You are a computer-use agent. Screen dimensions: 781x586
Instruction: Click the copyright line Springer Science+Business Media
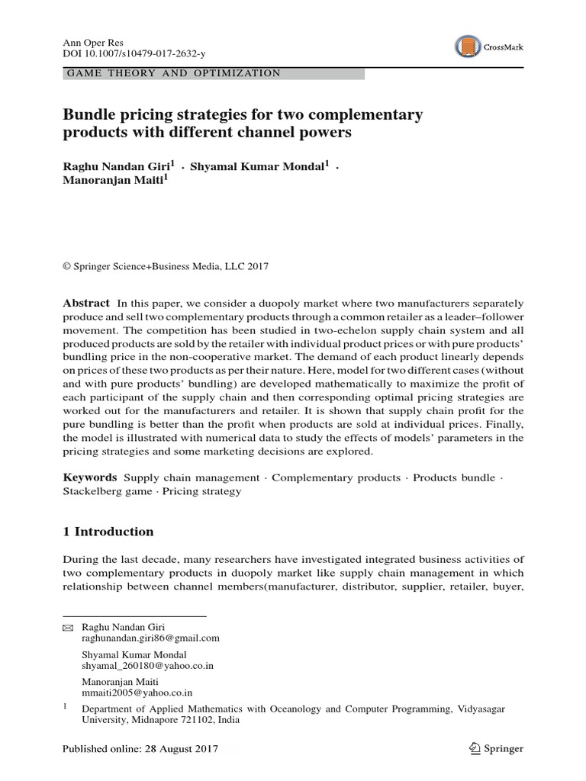tap(171, 266)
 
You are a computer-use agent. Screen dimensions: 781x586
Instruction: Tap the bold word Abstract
tap(85, 303)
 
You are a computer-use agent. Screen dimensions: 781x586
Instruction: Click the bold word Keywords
tap(89, 477)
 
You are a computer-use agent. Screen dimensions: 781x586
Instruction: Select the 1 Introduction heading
tap(108, 532)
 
